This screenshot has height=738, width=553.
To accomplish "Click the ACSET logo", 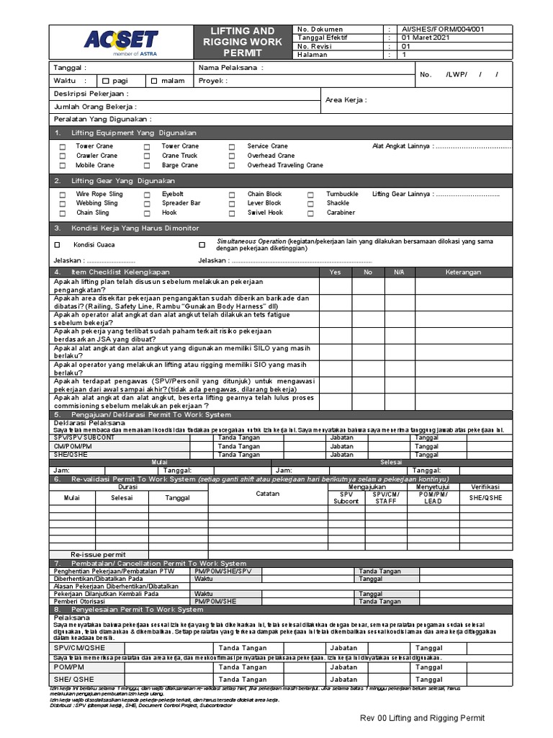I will coord(120,41).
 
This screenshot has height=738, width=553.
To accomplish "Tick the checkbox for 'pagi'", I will coord(106,81).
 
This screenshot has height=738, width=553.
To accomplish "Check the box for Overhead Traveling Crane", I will coord(232,166).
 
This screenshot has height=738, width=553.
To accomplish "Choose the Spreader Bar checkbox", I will coord(147,204).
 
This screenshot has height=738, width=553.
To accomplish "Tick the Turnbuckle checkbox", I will coord(310,195).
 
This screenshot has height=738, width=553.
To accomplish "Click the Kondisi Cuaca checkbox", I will coord(58,245).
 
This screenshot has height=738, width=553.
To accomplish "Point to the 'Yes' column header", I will coord(335,272).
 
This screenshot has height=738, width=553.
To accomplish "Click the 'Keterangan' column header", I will coord(463,272).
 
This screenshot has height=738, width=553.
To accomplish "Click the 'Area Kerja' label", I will coord(346,99).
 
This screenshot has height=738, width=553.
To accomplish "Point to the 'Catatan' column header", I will coord(267,494).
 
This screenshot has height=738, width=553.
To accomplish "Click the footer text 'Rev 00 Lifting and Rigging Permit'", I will coord(423,719).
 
